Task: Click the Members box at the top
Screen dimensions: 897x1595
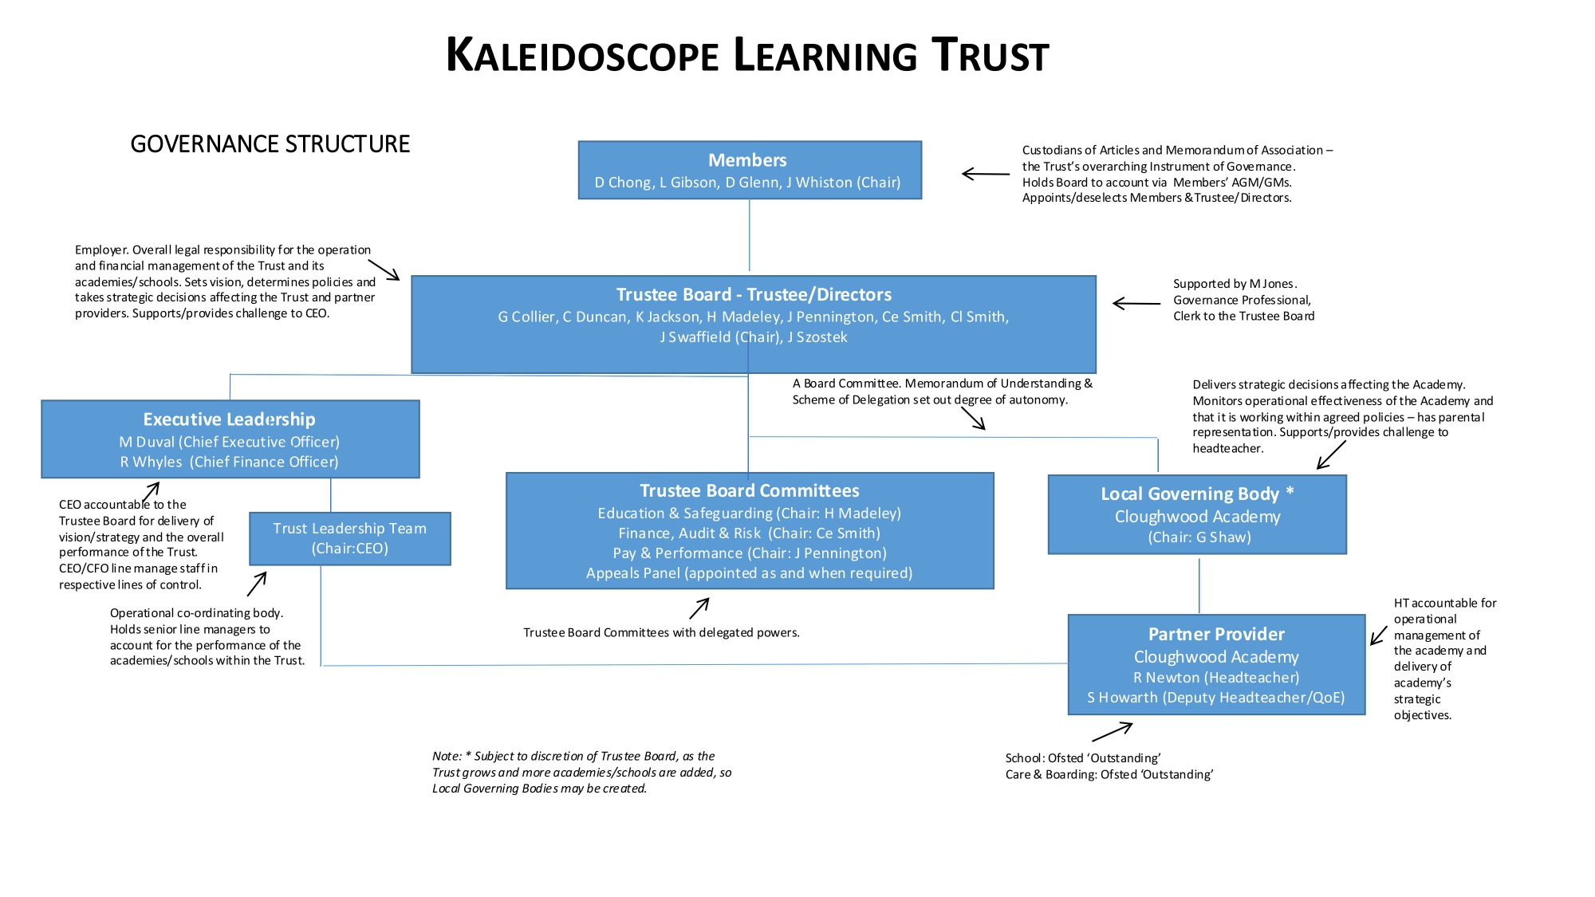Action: click(x=749, y=170)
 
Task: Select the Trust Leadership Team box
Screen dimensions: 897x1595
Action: click(x=349, y=538)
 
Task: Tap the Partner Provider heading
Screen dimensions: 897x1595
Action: click(x=1216, y=635)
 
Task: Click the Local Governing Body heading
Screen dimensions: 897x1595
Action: click(x=1197, y=494)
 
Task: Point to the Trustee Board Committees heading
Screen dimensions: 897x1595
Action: click(x=749, y=491)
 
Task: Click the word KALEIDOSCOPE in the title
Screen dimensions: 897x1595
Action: click(x=582, y=56)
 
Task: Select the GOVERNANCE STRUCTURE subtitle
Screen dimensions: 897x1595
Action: click(x=270, y=144)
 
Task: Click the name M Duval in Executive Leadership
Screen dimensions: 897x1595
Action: click(x=147, y=442)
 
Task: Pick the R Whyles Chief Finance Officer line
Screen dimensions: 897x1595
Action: click(x=229, y=462)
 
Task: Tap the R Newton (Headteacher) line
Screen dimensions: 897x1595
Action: click(x=1216, y=678)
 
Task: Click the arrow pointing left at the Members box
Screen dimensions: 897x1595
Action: click(x=986, y=174)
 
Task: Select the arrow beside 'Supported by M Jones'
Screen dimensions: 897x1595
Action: click(x=1136, y=303)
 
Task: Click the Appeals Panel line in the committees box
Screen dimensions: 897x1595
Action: click(x=749, y=573)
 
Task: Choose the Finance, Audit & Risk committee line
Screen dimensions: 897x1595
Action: click(x=749, y=533)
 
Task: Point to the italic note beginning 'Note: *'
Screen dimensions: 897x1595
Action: click(x=581, y=772)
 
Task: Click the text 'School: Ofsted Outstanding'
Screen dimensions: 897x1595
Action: click(x=1082, y=758)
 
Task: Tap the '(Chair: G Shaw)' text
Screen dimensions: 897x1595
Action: click(x=1199, y=537)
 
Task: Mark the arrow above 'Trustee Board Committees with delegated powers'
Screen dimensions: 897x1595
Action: click(x=699, y=608)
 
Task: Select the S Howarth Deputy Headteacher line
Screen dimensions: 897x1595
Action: click(x=1216, y=698)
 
